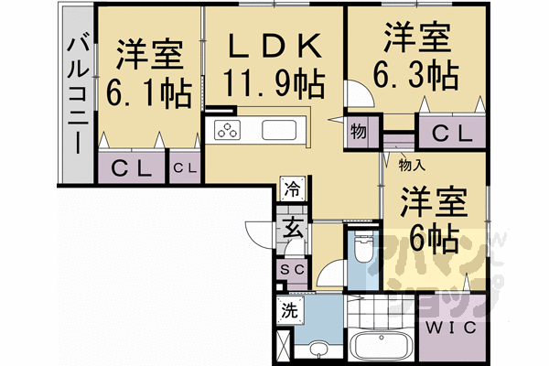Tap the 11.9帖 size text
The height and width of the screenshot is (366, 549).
(273, 84)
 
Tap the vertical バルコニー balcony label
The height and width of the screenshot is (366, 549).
(79, 91)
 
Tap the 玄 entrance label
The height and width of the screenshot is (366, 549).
(292, 229)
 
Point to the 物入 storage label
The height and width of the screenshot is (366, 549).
(411, 165)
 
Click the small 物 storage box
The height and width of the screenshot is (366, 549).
(358, 132)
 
